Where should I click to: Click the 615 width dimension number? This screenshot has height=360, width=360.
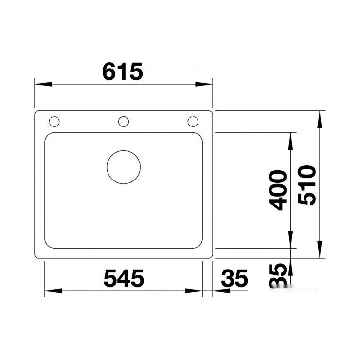(123, 72)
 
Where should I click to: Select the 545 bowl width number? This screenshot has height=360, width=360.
(124, 278)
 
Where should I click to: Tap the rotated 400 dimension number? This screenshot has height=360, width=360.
(278, 190)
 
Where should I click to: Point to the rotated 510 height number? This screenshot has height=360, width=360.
(307, 185)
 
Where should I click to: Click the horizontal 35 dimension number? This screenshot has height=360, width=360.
(234, 278)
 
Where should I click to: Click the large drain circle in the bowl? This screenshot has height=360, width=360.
(124, 167)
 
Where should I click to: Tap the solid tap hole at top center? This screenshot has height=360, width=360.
(124, 122)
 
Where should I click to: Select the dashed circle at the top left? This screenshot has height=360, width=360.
(54, 122)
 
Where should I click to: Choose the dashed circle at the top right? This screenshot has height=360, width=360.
(193, 122)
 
